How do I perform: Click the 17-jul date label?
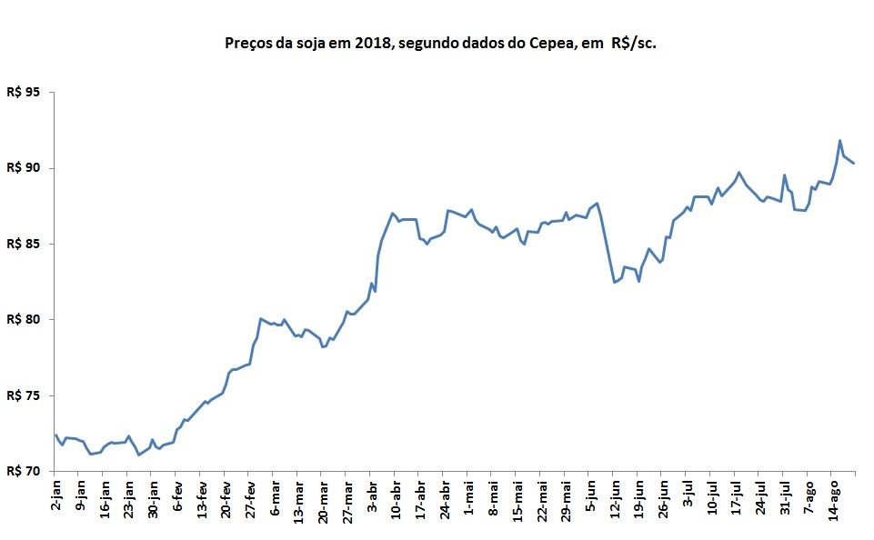click(738, 499)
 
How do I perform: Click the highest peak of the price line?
click(839, 141)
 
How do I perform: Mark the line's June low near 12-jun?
click(615, 283)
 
